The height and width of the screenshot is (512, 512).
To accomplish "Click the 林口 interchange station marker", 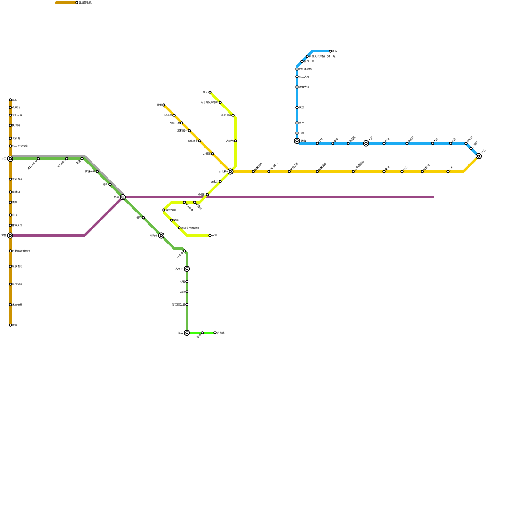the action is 10,159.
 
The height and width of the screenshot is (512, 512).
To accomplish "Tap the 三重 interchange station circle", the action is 10,236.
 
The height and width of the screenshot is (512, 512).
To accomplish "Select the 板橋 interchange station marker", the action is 123,197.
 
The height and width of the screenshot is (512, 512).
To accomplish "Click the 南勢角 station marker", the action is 161,236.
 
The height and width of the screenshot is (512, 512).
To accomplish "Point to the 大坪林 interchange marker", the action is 187,269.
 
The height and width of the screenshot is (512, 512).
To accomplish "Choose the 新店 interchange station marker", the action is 187,333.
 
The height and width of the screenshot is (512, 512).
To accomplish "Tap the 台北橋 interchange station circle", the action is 230,172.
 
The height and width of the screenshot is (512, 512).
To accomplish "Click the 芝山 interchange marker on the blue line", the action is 297,141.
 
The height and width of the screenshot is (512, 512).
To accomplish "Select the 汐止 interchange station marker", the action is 479,156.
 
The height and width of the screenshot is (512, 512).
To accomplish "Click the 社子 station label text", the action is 205,92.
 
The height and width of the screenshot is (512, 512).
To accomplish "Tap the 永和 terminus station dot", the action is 210,236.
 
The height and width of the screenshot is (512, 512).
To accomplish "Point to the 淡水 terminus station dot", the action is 330,51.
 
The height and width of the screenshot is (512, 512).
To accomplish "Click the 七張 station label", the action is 182,282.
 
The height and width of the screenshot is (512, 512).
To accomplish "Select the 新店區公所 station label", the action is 178,305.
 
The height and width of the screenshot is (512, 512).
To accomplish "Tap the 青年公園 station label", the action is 171,210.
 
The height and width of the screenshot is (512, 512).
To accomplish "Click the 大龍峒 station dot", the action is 236,141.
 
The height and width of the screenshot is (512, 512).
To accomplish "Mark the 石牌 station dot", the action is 297,133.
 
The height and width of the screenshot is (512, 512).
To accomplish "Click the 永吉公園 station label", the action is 17,305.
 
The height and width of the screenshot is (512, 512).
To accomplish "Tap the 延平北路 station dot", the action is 233,115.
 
